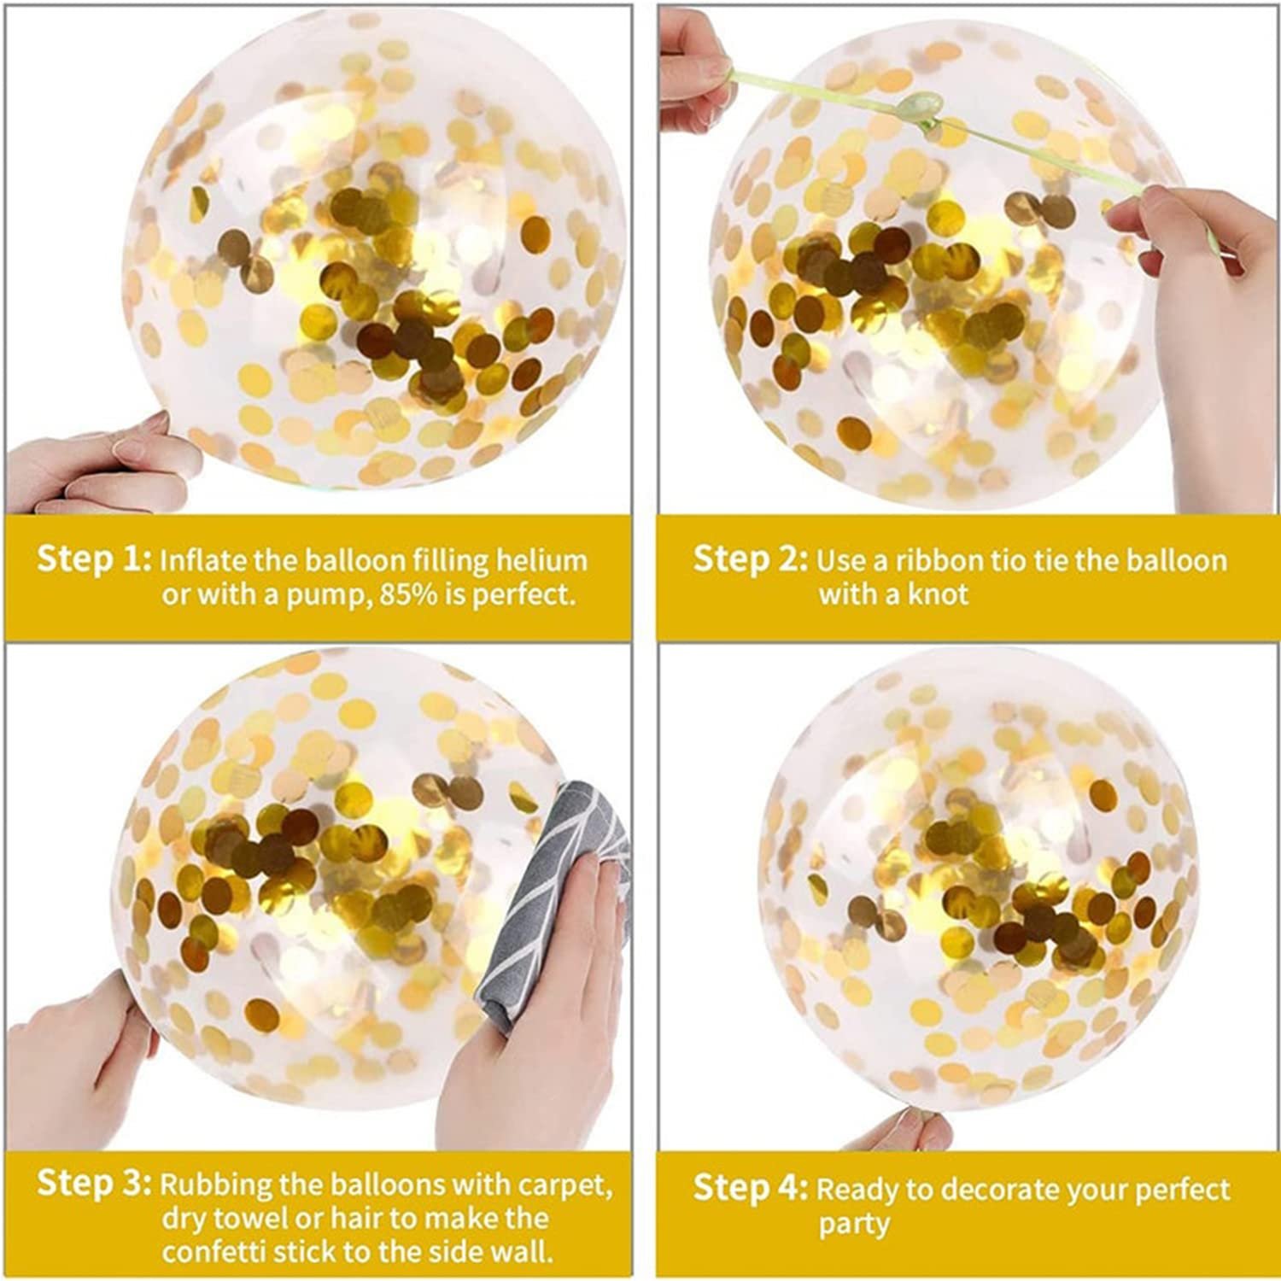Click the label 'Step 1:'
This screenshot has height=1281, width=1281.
(x=94, y=559)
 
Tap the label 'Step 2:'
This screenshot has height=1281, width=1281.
(x=750, y=559)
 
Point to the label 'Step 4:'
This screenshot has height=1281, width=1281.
(x=750, y=1188)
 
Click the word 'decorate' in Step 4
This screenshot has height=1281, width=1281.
(x=1020, y=1190)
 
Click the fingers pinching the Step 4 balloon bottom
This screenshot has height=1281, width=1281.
(x=914, y=1127)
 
